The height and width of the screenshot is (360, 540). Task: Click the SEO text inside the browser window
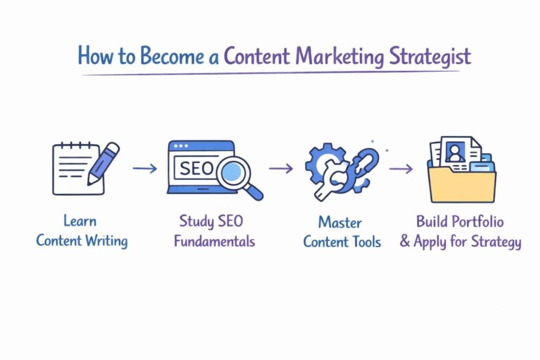click(x=196, y=168)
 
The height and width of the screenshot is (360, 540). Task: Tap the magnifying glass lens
click(x=233, y=172)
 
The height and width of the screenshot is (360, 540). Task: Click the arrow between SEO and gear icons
click(x=281, y=169)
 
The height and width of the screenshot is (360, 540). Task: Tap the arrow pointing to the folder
click(x=401, y=169)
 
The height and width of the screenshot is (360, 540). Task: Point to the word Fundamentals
click(x=214, y=241)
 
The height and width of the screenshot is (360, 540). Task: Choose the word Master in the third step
click(x=341, y=221)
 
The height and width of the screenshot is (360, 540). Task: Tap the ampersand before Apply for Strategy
click(x=405, y=242)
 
